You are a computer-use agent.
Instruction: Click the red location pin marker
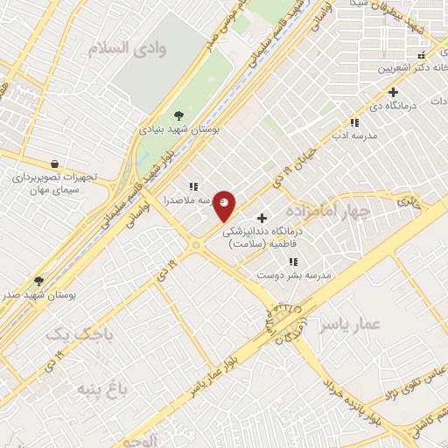coord(225,206)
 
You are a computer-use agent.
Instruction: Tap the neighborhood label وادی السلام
coord(140,48)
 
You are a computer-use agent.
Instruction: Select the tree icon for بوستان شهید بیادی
coord(178,115)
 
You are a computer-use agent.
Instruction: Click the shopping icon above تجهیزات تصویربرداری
coord(55,163)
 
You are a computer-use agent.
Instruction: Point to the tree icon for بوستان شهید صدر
coord(38,281)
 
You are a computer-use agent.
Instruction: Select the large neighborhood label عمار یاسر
coord(350,325)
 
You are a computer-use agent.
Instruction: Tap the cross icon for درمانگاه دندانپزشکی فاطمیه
coord(262,217)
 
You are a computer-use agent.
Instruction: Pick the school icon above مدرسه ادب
coord(354,123)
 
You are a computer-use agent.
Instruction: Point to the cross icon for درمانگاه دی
coord(394,92)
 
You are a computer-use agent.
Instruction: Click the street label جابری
coord(409,201)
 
